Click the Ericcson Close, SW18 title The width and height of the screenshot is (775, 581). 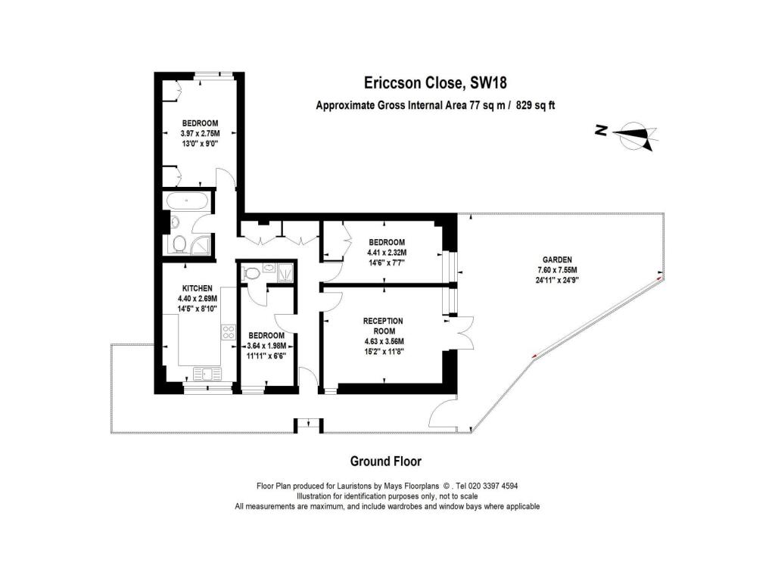tap(435, 82)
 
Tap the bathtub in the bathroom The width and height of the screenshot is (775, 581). tap(187, 201)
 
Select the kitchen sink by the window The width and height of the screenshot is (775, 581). tap(207, 374)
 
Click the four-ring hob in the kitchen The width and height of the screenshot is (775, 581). tap(229, 332)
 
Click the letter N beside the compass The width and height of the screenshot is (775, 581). tap(601, 130)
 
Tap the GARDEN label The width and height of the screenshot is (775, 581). tap(557, 259)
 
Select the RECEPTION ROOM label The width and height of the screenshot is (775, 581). tap(384, 325)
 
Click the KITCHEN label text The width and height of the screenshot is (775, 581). tap(198, 288)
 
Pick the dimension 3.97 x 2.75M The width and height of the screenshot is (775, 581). tap(200, 133)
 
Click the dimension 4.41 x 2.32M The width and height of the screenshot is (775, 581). tap(387, 253)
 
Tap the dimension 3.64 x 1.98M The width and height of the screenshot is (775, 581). tap(266, 345)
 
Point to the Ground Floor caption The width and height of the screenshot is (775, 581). tap(385, 461)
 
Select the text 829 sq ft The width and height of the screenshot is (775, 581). tap(535, 105)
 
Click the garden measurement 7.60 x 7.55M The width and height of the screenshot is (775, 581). tap(557, 270)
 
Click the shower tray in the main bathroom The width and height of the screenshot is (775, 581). tap(201, 244)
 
